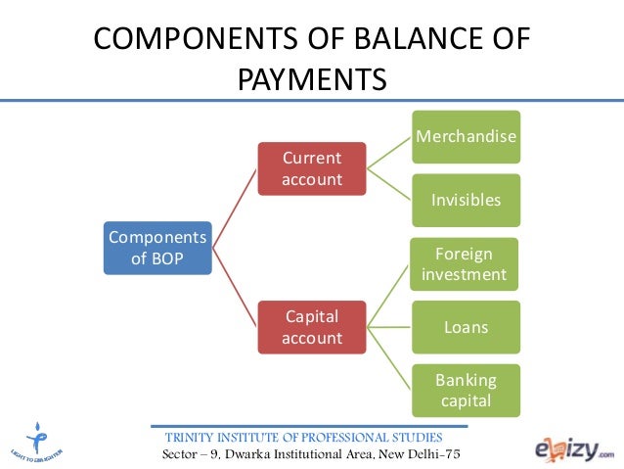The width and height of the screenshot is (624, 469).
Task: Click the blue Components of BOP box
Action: coord(157,249)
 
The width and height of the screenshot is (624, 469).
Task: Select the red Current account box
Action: coord(312,168)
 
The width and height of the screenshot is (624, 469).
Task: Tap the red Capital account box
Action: coord(312,327)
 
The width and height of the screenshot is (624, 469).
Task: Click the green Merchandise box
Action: coord(466,136)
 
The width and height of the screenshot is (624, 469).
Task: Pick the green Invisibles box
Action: coord(466,200)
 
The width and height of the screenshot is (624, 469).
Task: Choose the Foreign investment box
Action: coord(464,263)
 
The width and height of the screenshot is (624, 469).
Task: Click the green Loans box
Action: coord(466,327)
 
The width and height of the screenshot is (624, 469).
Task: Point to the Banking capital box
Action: coord(466,390)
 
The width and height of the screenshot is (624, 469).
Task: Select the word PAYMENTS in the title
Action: coord(312,78)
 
